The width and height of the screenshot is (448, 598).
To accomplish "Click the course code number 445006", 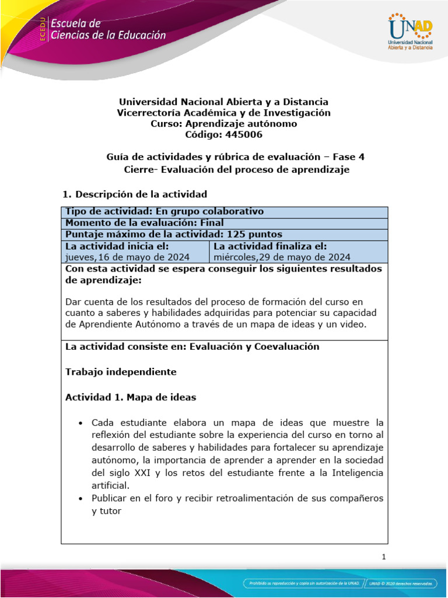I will pos(242,135).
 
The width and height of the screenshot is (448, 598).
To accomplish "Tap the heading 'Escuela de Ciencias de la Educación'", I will pos(108,30).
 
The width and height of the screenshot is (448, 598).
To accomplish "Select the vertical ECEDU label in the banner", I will pos(43,29).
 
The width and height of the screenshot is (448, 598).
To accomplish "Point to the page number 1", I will pos(384,557).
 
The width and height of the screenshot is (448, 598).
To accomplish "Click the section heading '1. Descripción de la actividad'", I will pos(135,193).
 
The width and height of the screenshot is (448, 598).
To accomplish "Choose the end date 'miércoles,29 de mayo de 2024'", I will pos(282,257).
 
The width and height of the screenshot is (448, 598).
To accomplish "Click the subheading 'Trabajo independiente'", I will pos(120,371).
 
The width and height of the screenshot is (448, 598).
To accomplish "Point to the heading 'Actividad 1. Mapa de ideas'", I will pos(131,397).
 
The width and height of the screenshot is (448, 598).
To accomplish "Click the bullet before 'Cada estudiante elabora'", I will pos(80,422).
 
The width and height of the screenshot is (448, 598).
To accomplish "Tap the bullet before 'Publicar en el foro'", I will pos(80,498).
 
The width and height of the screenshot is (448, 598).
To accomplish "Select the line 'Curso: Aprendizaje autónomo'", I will pos(224,124).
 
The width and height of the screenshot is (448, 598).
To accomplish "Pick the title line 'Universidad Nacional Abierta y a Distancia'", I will pos(224,102).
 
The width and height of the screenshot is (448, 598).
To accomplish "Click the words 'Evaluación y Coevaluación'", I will pos(254,346).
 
